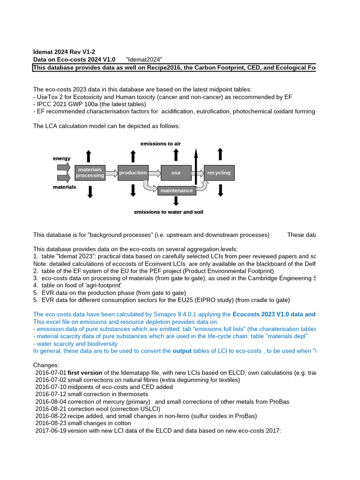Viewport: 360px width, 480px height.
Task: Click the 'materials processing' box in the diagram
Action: point(90,172)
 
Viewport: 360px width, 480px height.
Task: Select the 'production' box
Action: point(133,172)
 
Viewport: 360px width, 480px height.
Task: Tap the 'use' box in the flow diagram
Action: point(176,172)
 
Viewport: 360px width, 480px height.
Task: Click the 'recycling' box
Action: point(219,172)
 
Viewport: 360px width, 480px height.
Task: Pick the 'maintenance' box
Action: point(176,191)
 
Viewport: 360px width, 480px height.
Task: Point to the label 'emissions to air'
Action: point(161,143)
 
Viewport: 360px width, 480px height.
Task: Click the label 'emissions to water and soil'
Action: point(168,212)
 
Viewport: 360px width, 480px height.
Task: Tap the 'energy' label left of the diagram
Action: point(61,158)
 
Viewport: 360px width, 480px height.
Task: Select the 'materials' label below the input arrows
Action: point(64,187)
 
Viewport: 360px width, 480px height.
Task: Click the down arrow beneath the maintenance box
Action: point(176,201)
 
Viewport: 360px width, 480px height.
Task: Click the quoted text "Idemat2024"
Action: point(144,60)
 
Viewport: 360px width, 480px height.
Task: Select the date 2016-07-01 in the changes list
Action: point(51,373)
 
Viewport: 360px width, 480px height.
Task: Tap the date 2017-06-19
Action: point(51,430)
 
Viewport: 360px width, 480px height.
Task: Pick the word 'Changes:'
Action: point(46,365)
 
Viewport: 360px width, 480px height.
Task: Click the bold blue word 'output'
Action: point(182,351)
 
